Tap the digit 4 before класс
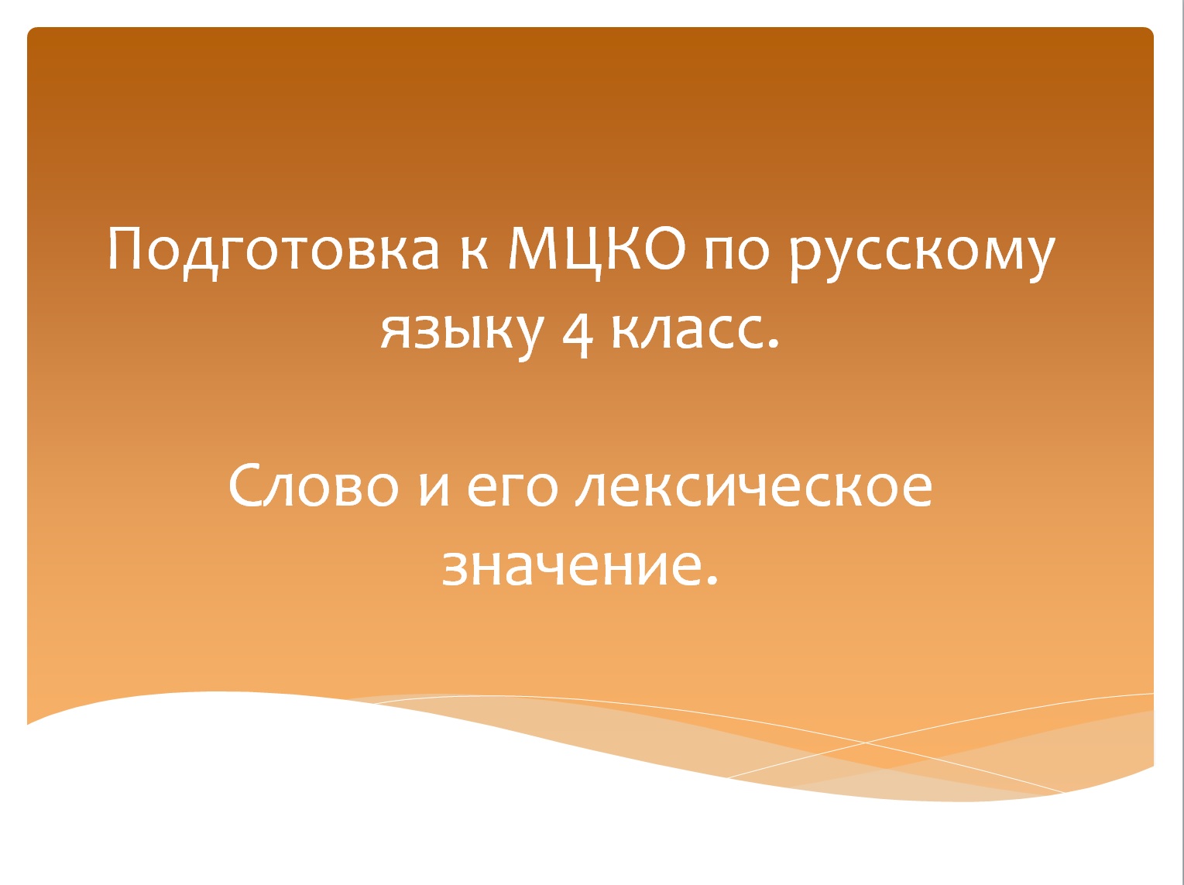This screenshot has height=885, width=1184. [x=577, y=331]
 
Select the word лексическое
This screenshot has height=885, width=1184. [x=754, y=488]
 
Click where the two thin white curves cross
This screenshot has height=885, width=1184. [x=866, y=742]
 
